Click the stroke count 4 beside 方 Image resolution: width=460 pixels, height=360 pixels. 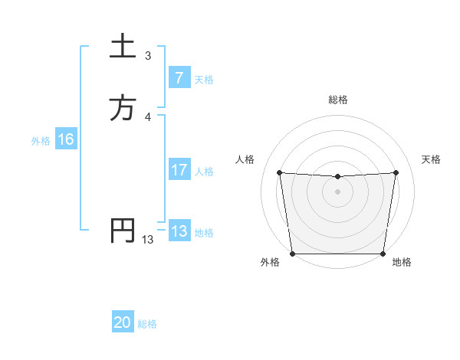pos(148,116)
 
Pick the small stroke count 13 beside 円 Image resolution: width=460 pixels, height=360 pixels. pos(148,239)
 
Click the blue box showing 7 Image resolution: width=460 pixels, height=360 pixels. pos(179,78)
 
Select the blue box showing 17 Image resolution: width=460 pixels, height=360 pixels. pos(179,170)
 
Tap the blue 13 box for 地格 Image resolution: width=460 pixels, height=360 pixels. pos(179,231)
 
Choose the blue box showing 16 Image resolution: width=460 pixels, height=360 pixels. pos(65,139)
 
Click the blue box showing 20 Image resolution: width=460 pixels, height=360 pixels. pos(123,323)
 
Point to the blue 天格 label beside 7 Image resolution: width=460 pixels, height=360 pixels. pos(204,79)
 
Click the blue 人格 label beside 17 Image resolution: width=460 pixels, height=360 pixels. pos(204,171)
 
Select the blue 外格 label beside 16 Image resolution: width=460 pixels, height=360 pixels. pos(41,140)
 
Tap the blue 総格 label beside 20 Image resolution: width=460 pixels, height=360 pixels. pos(147,324)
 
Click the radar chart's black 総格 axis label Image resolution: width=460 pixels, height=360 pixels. pos(337,100)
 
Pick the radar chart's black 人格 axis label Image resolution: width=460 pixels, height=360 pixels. pos(245,159)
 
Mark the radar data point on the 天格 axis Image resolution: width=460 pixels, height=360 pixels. pos(396,172)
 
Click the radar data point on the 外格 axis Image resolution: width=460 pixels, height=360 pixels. pos(292,254)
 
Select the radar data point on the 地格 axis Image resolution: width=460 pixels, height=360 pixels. pos(383,254)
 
